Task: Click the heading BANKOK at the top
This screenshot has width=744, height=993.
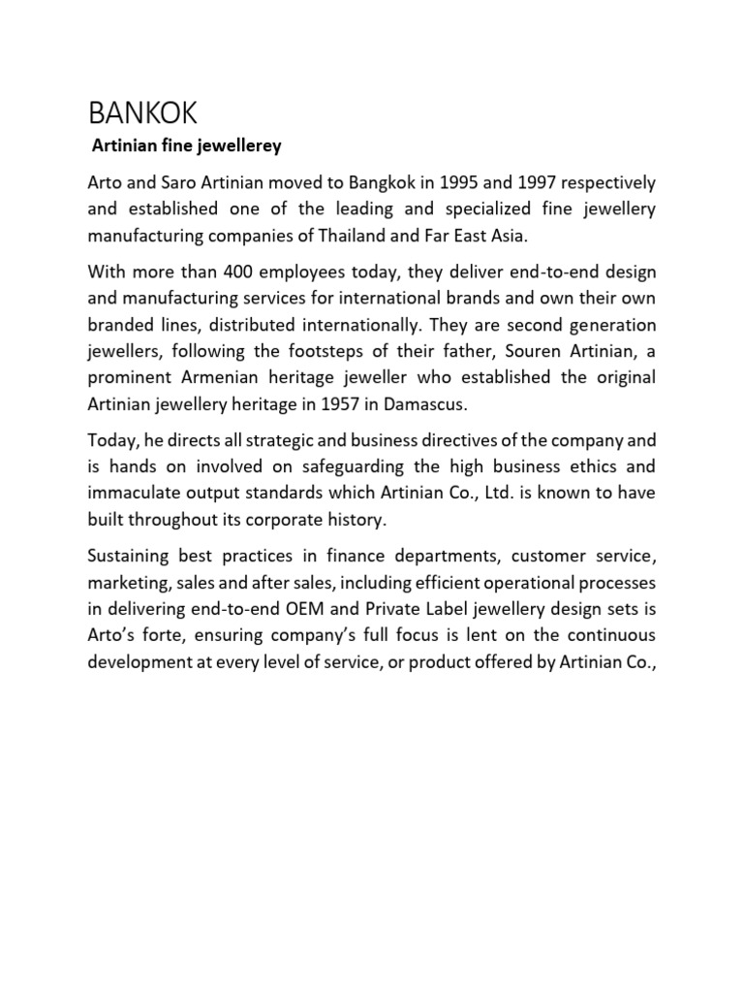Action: click(141, 113)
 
